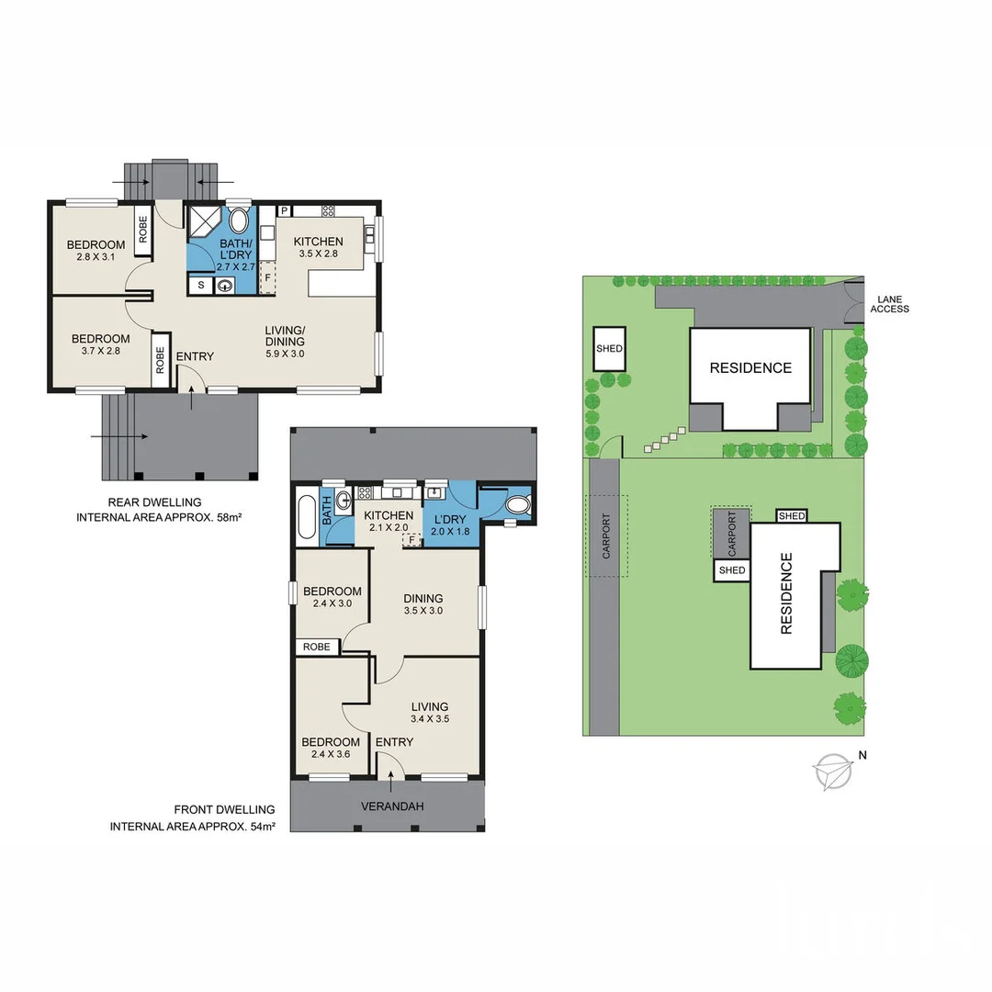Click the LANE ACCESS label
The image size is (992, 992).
[x=891, y=304]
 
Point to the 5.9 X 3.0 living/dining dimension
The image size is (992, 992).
[x=285, y=354]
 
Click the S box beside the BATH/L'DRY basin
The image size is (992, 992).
[x=199, y=287]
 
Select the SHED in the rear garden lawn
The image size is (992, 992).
[x=610, y=348]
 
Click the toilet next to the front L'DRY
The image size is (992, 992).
[x=518, y=504]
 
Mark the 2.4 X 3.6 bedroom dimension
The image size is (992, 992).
[x=330, y=755]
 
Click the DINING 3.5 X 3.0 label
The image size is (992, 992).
[x=423, y=603]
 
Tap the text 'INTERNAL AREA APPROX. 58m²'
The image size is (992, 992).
[x=164, y=518]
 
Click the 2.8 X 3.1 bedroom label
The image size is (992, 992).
[x=96, y=259]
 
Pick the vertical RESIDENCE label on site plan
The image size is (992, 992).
[x=786, y=606]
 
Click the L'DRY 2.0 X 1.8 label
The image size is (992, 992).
[x=450, y=524]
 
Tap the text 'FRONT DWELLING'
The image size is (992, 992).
[x=224, y=809]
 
